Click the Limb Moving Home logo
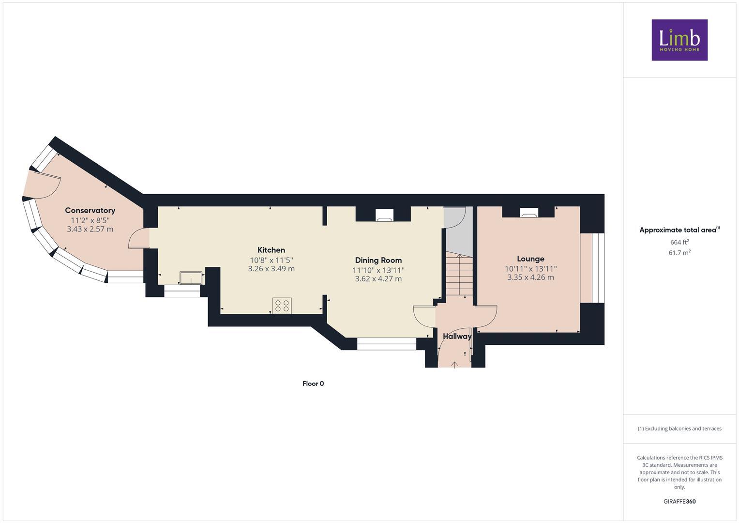pos(679,40)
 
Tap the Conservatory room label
pos(90,210)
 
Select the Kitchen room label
pos(271,250)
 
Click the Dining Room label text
pos(378,260)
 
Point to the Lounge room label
pos(530,259)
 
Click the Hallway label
pos(457,336)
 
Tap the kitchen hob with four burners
pos(282,306)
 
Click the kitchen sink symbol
pos(191,278)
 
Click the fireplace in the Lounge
pos(528,212)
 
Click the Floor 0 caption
pos(313,384)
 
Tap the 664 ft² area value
pos(679,242)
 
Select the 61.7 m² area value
pos(679,252)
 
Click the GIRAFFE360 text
pos(679,501)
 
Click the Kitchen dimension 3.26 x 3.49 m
pos(271,269)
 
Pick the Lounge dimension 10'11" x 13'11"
pos(530,268)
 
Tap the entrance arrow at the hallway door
pos(454,364)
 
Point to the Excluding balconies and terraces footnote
pos(679,429)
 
